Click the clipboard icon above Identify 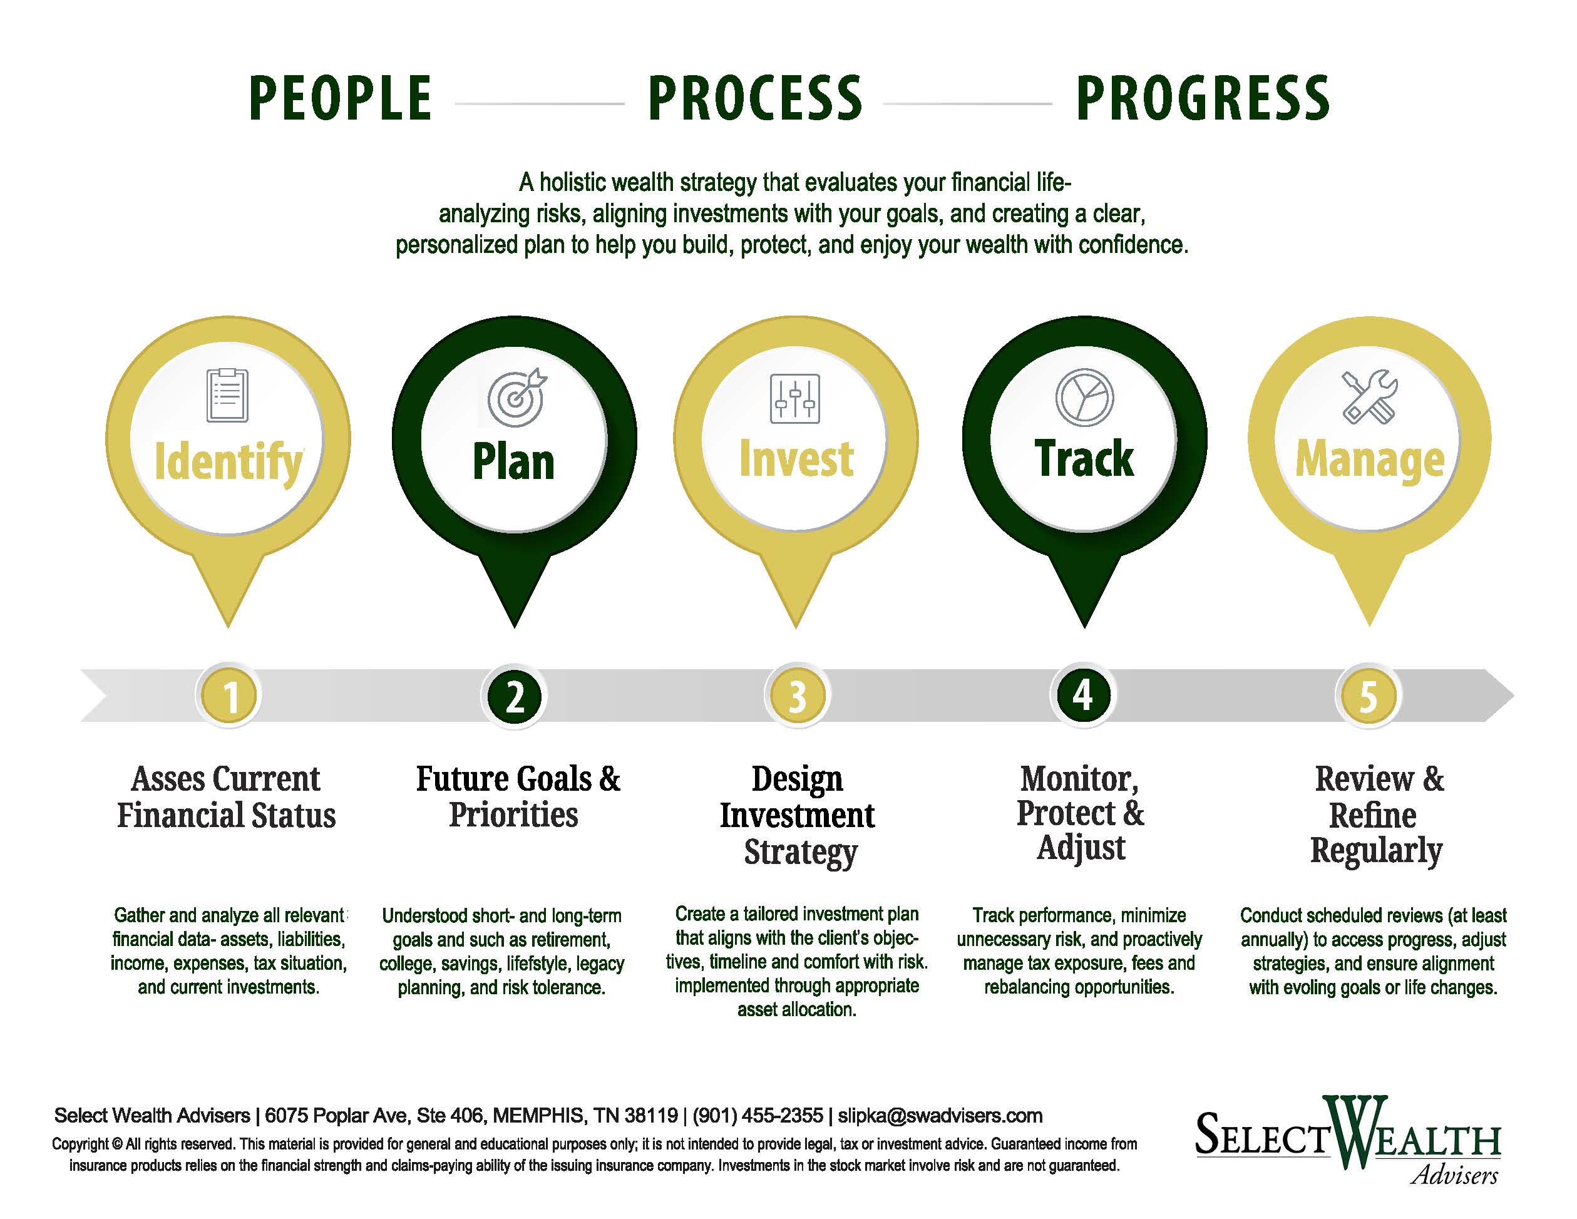click(227, 395)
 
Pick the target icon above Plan click(517, 397)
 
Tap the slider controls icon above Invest click(795, 398)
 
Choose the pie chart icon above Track click(1084, 397)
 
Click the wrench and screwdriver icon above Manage click(1370, 396)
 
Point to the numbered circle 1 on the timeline click(230, 696)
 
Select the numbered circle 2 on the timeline click(514, 696)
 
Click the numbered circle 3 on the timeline click(797, 696)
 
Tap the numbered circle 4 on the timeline click(1082, 696)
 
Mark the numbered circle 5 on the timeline click(1368, 696)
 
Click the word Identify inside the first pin click(229, 463)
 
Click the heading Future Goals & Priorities click(517, 796)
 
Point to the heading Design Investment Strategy click(797, 815)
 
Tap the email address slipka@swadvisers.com click(940, 1116)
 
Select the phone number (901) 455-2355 click(758, 1116)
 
